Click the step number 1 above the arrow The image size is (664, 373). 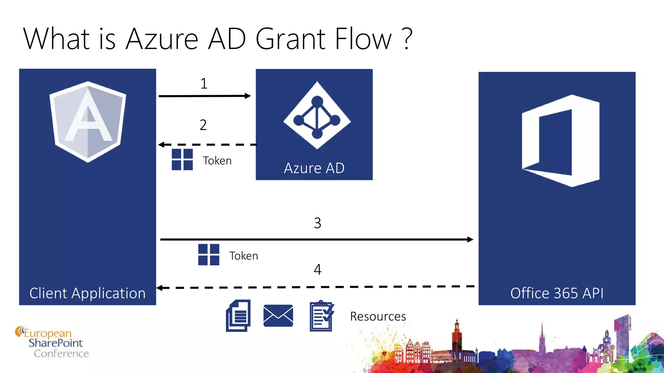pyautogui.click(x=204, y=84)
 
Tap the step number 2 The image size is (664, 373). pyautogui.click(x=203, y=125)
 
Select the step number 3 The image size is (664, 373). pyautogui.click(x=317, y=223)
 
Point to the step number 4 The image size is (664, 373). pyautogui.click(x=317, y=269)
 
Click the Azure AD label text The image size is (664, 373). pyautogui.click(x=314, y=168)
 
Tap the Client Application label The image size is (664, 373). pyautogui.click(x=88, y=293)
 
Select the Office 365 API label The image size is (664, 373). pyautogui.click(x=557, y=293)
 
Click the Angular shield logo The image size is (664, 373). pyautogui.click(x=88, y=122)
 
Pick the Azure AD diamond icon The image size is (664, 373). pyautogui.click(x=317, y=116)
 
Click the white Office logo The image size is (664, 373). pyautogui.click(x=561, y=141)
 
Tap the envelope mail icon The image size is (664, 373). pyautogui.click(x=278, y=316)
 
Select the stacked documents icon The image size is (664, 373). pyautogui.click(x=238, y=316)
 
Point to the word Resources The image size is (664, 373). pyautogui.click(x=378, y=316)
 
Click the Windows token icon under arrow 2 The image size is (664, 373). pyautogui.click(x=182, y=159)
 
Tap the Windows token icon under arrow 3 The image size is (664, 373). pyautogui.click(x=208, y=255)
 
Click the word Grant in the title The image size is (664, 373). pyautogui.click(x=290, y=39)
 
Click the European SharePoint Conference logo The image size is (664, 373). pyautogui.click(x=52, y=343)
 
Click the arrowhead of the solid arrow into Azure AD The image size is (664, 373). pyautogui.click(x=248, y=96)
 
